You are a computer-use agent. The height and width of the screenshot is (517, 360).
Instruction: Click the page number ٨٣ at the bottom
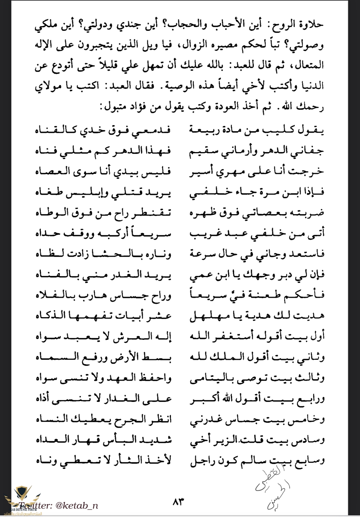(x=178, y=501)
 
